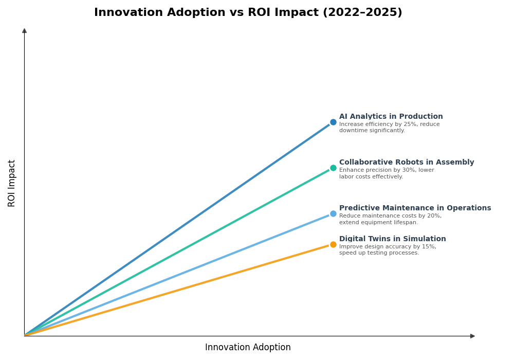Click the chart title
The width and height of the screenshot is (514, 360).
coord(248,13)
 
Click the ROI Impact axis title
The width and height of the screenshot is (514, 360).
coord(12,183)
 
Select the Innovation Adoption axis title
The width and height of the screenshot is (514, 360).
coord(248,348)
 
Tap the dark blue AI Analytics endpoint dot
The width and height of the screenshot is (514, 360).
coord(333,122)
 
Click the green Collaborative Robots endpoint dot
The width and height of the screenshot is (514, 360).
coord(333,168)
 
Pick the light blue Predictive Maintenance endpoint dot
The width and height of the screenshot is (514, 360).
coord(333,214)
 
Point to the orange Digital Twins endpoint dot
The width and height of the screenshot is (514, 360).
coord(333,245)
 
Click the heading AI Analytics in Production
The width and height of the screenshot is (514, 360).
coord(391,117)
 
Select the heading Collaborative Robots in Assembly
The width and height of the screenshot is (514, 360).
coord(406,163)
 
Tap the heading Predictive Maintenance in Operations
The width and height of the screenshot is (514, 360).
coord(415,208)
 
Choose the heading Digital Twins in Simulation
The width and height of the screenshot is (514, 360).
coord(392,239)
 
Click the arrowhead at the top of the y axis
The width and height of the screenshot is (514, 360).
coord(24,31)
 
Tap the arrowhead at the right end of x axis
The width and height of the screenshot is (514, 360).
coord(472,336)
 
